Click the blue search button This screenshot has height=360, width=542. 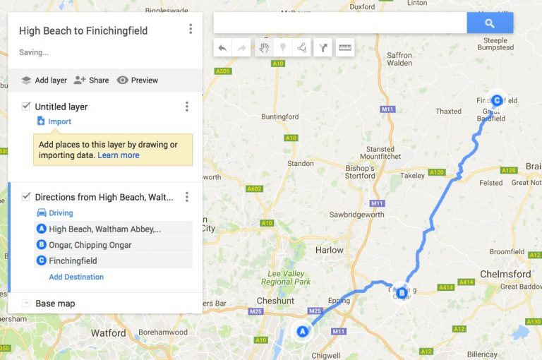489,23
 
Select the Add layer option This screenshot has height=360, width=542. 44,80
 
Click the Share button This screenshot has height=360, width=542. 92,80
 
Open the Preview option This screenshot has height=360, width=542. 138,80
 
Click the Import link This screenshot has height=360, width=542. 59,121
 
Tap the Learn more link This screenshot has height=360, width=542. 119,155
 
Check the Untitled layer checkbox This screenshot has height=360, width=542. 26,107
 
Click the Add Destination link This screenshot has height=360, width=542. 76,277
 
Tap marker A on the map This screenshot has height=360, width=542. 303,331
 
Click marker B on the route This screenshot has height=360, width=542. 402,292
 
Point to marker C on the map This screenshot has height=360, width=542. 497,101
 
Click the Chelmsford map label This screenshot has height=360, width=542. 505,274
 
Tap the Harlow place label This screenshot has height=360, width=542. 329,250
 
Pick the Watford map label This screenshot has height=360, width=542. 109,332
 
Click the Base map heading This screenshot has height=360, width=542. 55,304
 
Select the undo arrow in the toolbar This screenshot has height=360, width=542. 222,48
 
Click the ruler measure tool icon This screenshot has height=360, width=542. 345,48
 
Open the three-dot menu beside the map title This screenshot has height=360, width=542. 191,29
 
